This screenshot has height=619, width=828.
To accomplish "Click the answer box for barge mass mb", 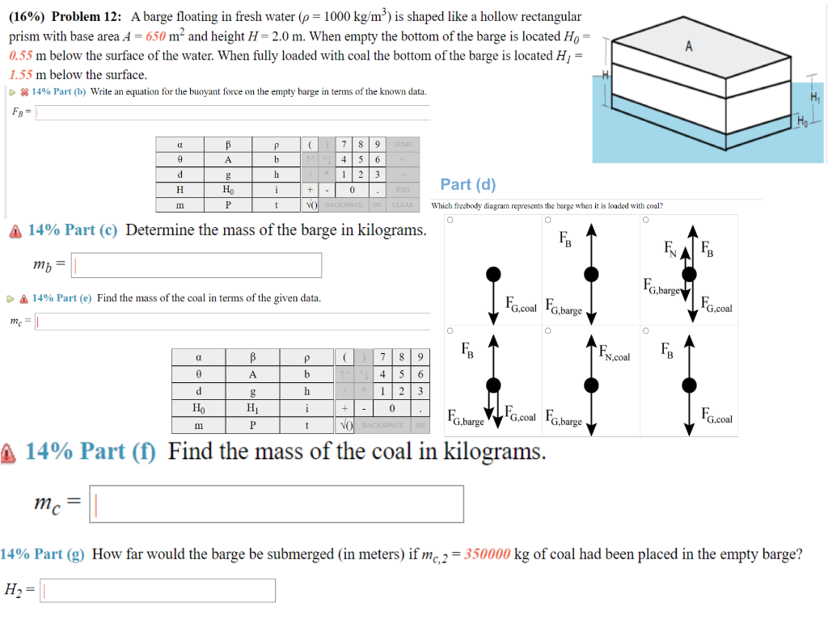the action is pos(198,265).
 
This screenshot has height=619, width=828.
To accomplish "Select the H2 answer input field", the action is pos(158,591).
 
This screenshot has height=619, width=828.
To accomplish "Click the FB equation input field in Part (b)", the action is pos(230,112).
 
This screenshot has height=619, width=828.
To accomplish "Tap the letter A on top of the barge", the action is pos(688,46).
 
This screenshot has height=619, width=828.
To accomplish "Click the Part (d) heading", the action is pos(468,185).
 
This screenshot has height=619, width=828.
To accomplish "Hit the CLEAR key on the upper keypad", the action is pos(403,204).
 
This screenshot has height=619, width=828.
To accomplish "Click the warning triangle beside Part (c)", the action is pos(15,231).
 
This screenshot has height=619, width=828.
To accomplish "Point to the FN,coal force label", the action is pos(616,353).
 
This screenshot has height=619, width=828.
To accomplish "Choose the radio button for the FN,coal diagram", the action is pos(548,331).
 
